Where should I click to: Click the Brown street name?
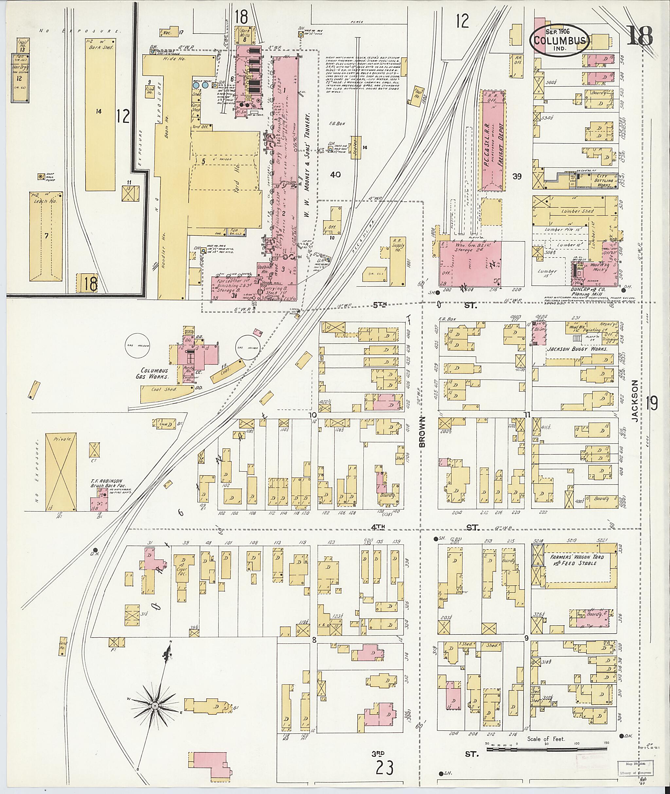coord(423,432)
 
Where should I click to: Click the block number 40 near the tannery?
coord(335,175)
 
